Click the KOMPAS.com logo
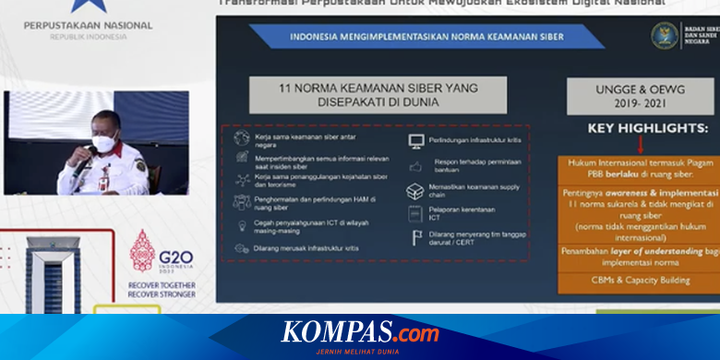click(x=360, y=331)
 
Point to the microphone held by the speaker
click(x=85, y=159)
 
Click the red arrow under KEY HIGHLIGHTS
click(x=640, y=145)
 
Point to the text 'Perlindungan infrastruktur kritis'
click(x=468, y=140)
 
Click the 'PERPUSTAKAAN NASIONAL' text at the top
click(x=89, y=25)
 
